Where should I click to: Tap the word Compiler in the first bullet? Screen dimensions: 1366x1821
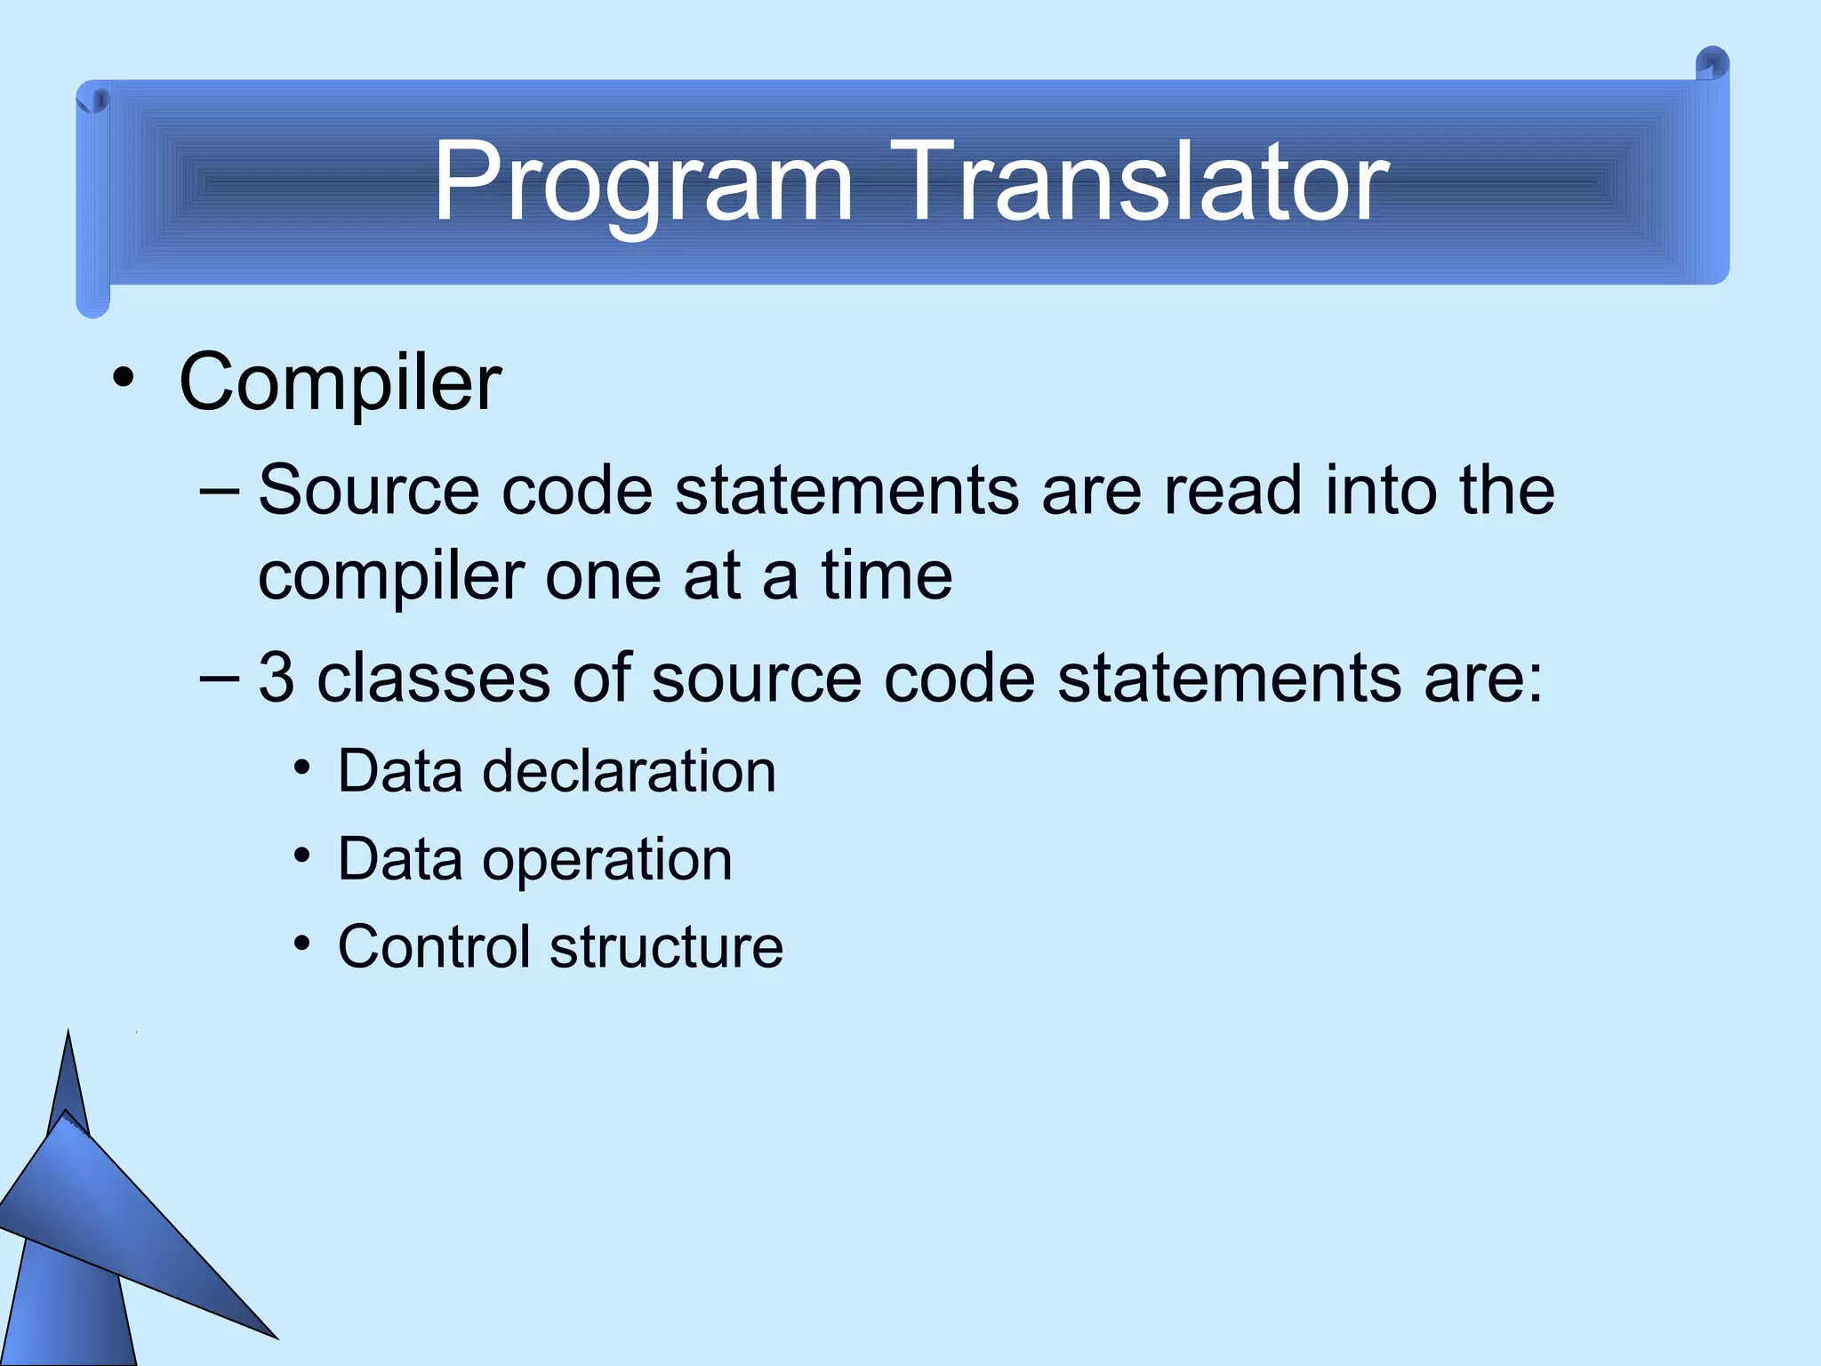point(340,382)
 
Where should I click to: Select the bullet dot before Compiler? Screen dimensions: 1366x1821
point(124,380)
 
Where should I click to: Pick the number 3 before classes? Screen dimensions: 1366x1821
point(276,678)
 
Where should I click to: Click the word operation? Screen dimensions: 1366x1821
point(607,859)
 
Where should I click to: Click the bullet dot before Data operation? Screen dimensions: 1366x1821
point(302,856)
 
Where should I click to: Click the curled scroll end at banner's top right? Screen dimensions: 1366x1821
point(1712,65)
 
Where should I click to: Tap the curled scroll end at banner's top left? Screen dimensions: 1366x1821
point(92,98)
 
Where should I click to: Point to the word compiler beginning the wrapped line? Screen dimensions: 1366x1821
point(390,577)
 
